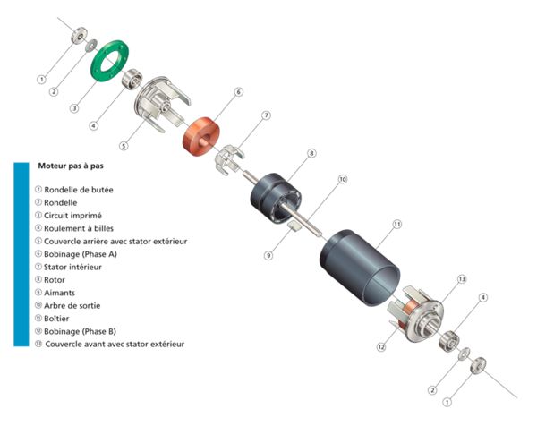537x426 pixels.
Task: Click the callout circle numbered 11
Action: tap(397, 223)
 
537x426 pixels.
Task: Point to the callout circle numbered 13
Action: tap(463, 279)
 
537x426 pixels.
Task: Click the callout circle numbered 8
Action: tap(311, 154)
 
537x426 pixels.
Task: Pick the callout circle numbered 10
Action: tap(342, 179)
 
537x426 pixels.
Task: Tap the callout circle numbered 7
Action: tap(266, 115)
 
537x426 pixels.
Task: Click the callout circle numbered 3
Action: tap(74, 108)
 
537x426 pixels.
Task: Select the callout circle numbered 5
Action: tap(124, 145)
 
